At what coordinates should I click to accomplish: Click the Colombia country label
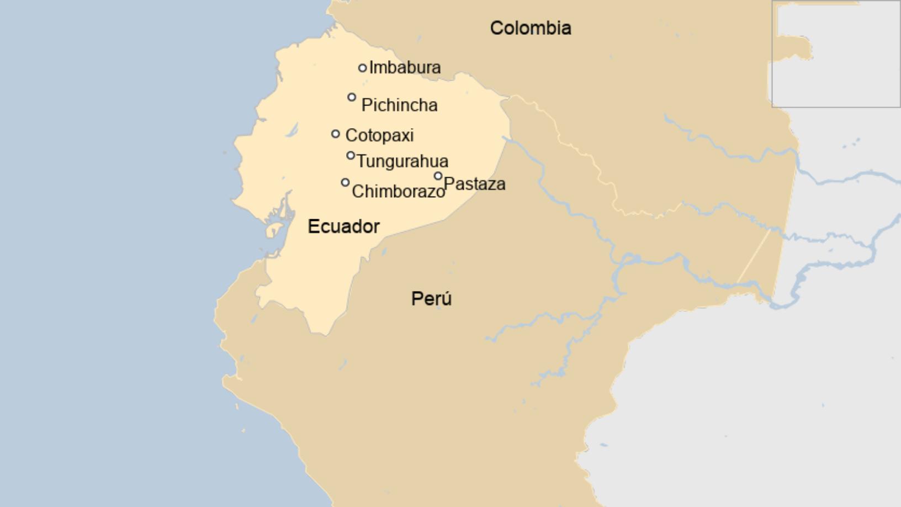(x=531, y=28)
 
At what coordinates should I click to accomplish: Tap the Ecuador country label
(x=343, y=226)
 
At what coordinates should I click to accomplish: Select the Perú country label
(x=431, y=299)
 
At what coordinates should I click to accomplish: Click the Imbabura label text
(x=405, y=67)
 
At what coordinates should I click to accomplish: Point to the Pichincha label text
(x=399, y=105)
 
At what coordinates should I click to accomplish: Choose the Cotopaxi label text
(x=379, y=135)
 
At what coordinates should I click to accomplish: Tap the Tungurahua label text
(x=402, y=161)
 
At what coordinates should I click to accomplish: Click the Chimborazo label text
(x=398, y=192)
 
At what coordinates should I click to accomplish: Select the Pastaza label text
(x=474, y=184)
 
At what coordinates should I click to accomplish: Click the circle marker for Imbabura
(x=362, y=68)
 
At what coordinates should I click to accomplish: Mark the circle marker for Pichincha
(x=352, y=97)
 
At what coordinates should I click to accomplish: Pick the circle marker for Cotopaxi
(x=336, y=134)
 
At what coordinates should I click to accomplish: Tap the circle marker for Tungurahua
(x=351, y=156)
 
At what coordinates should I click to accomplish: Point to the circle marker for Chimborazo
(x=345, y=182)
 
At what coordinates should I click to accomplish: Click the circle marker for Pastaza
(x=438, y=176)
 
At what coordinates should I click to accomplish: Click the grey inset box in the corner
(x=836, y=54)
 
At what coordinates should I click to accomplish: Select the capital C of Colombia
(x=497, y=28)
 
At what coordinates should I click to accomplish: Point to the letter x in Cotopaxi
(x=403, y=135)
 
